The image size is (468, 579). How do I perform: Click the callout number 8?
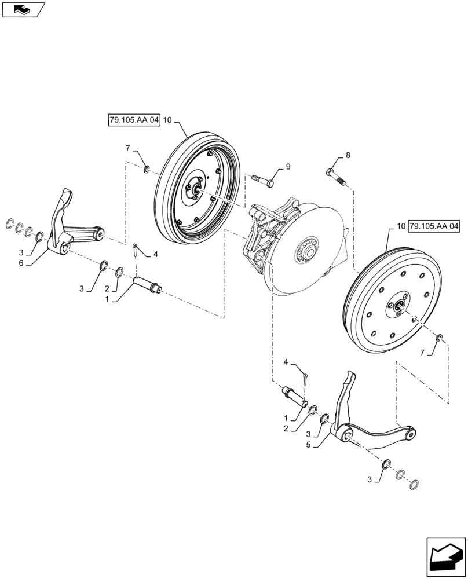pos(348,155)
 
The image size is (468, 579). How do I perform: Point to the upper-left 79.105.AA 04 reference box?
pos(133,120)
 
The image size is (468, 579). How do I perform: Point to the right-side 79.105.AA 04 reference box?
pos(434,225)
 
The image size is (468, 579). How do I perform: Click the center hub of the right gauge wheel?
pos(397,307)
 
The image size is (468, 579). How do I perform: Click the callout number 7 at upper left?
pos(127,149)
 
